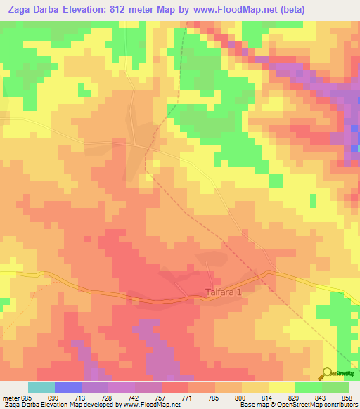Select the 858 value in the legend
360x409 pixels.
[346, 397]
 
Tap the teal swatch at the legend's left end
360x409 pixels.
[41, 387]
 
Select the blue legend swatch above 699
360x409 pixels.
[68, 387]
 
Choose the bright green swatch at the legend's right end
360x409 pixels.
[335, 387]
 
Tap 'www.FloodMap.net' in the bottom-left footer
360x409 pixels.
[148, 405]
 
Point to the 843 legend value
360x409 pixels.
[319, 397]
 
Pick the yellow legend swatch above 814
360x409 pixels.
[255, 387]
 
